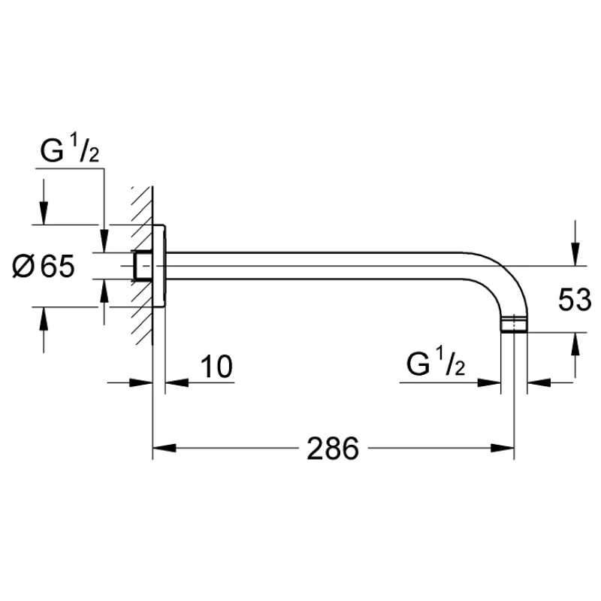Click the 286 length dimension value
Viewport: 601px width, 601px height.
[333, 448]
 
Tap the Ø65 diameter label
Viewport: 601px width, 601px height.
[44, 267]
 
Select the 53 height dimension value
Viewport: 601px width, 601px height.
[575, 299]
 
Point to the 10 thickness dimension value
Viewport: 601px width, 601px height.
[216, 367]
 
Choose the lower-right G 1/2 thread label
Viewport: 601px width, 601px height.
[436, 364]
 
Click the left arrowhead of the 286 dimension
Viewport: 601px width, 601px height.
[165, 448]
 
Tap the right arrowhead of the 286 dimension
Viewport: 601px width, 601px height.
[502, 448]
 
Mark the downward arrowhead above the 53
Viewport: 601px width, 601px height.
[575, 254]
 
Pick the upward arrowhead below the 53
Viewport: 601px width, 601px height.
[575, 344]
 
